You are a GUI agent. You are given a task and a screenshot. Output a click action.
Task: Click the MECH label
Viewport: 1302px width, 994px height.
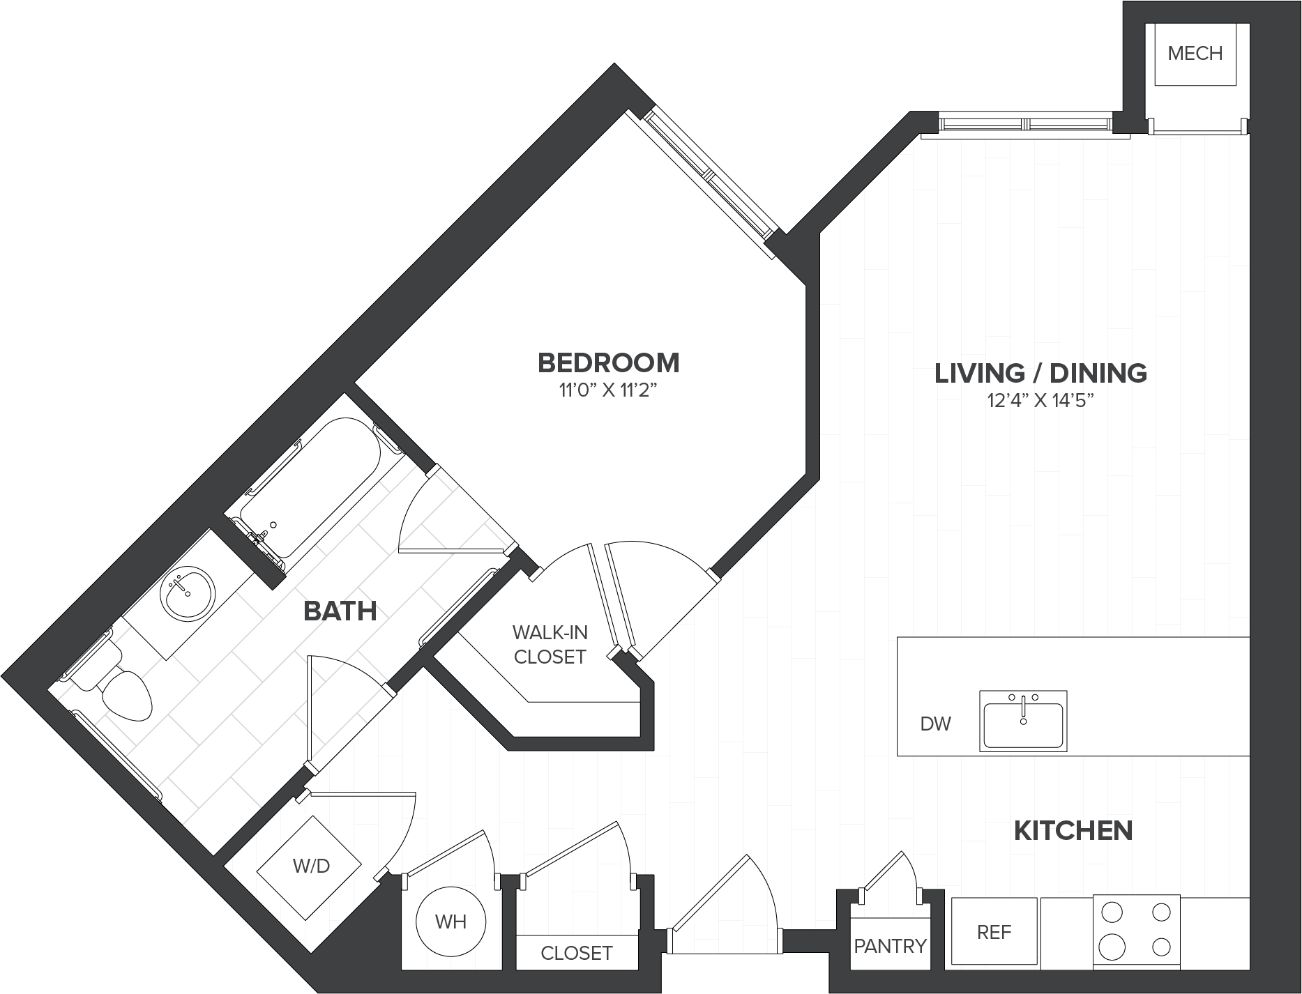click(1195, 53)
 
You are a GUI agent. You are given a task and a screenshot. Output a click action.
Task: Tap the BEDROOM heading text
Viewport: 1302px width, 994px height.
click(609, 362)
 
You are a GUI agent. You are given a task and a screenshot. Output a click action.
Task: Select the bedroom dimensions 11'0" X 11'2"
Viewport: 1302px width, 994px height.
click(609, 390)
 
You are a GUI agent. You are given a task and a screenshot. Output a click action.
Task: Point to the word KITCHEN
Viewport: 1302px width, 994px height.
click(1073, 830)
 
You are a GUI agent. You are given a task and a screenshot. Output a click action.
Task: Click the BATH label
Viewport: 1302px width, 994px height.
click(340, 611)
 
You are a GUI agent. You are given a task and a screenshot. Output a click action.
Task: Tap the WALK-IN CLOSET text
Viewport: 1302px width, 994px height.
click(550, 645)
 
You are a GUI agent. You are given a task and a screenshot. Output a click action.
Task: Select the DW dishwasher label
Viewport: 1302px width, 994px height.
click(935, 724)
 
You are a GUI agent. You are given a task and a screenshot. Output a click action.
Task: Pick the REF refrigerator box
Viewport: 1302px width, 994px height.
click(994, 932)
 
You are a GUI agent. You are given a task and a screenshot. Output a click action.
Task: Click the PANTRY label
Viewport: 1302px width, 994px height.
click(890, 946)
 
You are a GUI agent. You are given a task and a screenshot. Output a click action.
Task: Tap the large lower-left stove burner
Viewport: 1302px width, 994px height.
click(1111, 947)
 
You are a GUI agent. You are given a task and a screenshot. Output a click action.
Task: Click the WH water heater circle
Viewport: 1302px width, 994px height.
click(451, 922)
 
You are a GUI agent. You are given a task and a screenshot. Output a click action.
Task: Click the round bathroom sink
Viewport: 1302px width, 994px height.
click(187, 593)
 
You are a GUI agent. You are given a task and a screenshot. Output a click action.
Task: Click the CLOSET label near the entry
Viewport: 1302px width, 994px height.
click(577, 953)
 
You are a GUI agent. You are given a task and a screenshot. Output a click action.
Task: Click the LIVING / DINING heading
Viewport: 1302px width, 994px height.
click(1040, 373)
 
